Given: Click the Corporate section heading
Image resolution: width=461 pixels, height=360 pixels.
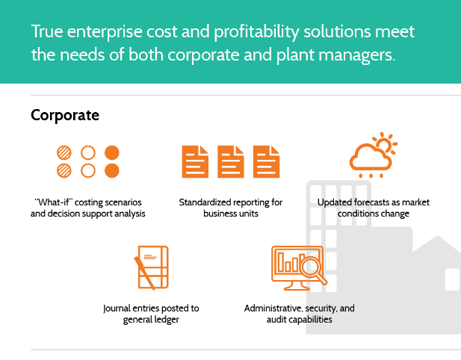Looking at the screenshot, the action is point(65,115).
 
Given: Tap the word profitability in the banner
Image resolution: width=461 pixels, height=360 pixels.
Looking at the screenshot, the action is point(256,32).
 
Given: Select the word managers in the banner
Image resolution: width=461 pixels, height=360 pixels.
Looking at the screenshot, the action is point(355,55).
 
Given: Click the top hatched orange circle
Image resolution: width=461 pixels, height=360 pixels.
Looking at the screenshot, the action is point(64,152).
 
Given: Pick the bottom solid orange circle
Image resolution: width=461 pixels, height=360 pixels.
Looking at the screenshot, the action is point(112,171).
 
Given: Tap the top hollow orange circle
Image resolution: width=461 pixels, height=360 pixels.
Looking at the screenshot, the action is point(88,152).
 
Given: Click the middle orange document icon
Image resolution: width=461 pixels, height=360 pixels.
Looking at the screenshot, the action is point(231,161).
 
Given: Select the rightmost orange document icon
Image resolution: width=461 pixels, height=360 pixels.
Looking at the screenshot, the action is point(267,161).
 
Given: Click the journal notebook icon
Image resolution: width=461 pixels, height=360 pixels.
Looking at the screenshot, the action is point(152,267).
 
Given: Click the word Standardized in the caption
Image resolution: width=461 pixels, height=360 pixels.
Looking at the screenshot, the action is point(205,202).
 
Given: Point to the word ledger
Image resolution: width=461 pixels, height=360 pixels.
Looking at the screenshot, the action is point(166,320).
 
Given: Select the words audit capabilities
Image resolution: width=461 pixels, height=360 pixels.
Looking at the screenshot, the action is point(300,320).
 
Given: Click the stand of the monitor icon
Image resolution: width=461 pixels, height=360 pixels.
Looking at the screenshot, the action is point(293,286).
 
